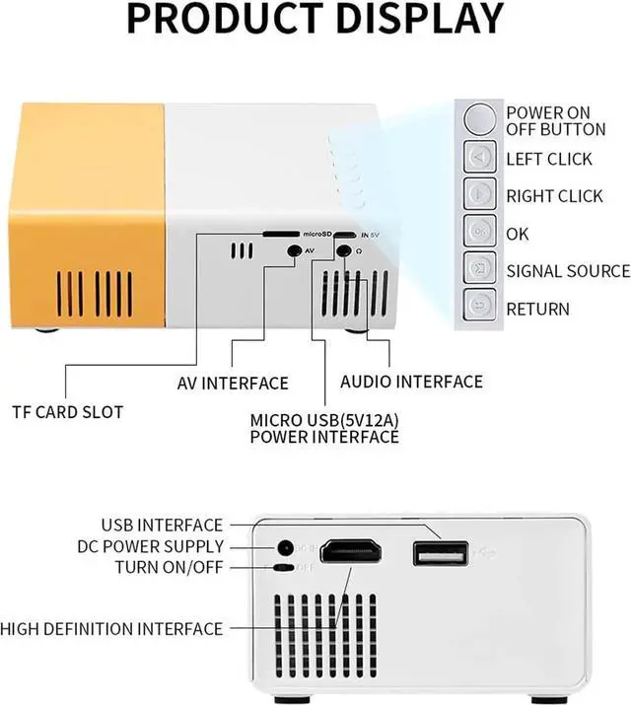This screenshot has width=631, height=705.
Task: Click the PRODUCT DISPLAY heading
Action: [x=315, y=20]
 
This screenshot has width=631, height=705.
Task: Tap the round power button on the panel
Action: [x=479, y=119]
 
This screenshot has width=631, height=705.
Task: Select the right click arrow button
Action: [x=479, y=195]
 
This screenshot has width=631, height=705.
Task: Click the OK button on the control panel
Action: [x=479, y=233]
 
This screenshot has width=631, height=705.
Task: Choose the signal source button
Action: [x=479, y=270]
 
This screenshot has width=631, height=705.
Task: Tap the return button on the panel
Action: [x=479, y=308]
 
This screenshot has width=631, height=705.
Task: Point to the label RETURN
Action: [x=537, y=309]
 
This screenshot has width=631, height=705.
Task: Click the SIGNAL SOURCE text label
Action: [x=568, y=271]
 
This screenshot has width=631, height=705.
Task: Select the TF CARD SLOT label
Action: [x=68, y=411]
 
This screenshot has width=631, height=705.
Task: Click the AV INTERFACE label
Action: [x=233, y=383]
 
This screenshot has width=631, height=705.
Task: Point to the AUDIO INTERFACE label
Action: [x=411, y=381]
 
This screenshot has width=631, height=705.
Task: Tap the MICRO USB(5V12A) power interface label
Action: [x=324, y=428]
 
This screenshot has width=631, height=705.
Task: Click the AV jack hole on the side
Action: [x=293, y=250]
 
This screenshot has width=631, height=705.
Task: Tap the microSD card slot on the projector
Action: [x=281, y=235]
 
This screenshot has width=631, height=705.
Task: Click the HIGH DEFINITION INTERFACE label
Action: [x=111, y=628]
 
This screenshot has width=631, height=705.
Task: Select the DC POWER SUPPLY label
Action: [x=151, y=546]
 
